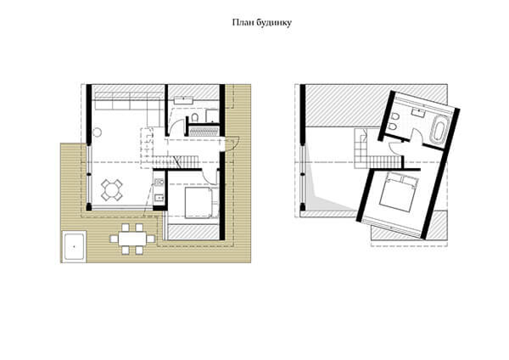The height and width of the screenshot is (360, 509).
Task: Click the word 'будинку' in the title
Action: coord(274,23)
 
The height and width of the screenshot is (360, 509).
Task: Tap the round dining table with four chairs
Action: coord(112,189)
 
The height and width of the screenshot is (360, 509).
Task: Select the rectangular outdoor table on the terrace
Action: coord(132,239)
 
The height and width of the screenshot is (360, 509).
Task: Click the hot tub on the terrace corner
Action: coord(75,246)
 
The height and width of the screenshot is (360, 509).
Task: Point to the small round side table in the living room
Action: coord(97,132)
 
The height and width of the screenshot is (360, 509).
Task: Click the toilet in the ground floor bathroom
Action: coord(195,117)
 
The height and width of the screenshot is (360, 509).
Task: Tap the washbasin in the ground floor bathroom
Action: coord(184,99)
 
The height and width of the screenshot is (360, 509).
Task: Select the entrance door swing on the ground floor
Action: coord(232,143)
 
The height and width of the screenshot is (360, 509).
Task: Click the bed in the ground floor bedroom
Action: coord(199,203)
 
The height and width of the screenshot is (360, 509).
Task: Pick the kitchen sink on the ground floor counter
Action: coord(159,198)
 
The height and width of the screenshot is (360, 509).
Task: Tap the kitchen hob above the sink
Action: coord(159,183)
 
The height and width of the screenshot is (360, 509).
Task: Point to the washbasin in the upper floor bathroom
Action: coord(419,113)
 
